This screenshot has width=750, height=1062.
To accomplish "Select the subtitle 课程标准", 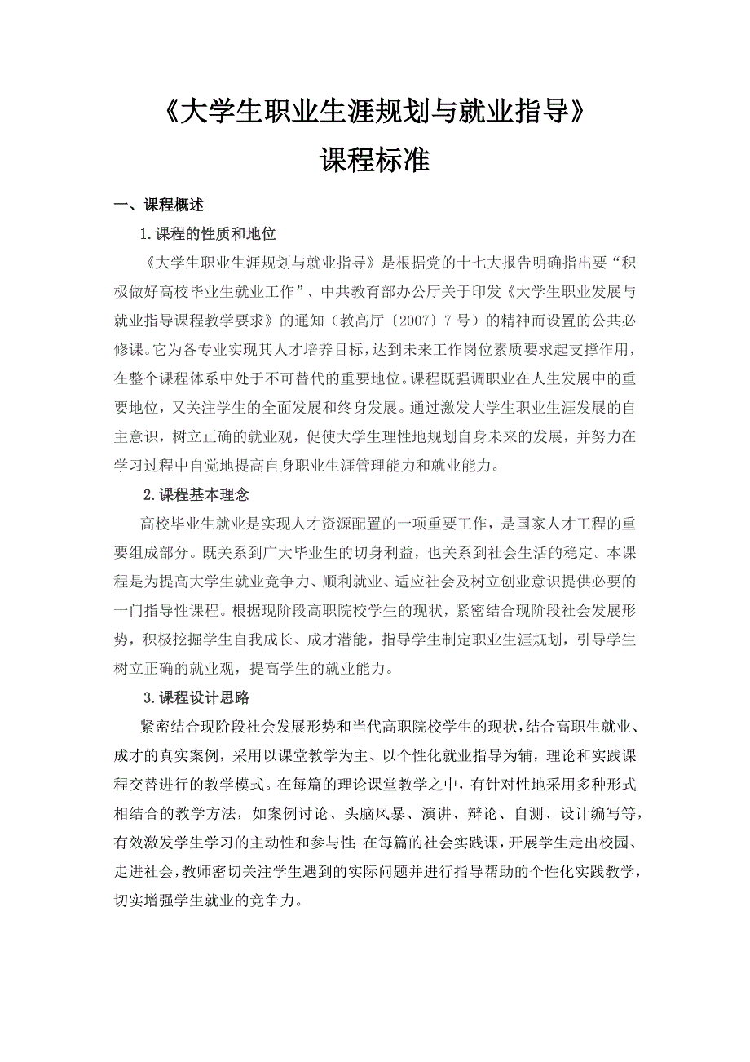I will pyautogui.click(x=374, y=160).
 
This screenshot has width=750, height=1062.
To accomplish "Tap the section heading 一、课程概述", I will pyautogui.click(x=159, y=206).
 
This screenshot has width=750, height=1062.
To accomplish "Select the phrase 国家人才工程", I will pyautogui.click(x=561, y=523).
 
